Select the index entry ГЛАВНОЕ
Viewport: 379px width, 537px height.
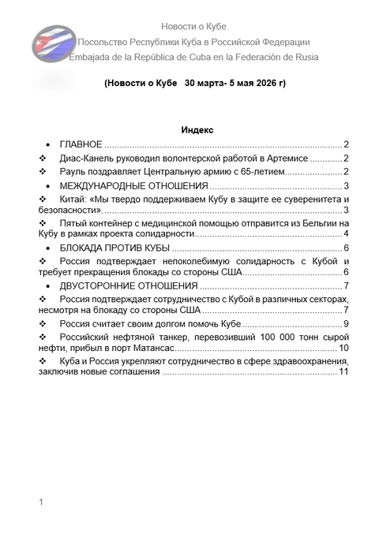[81, 144]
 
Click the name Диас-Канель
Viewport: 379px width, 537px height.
[90, 158]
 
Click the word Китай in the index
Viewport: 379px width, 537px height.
[75, 200]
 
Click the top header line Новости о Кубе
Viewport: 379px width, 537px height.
[193, 27]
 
